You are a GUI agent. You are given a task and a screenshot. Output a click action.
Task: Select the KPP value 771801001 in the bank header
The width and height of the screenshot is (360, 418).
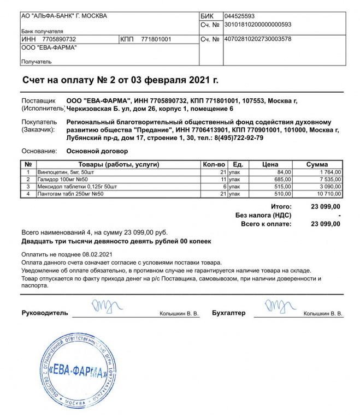(x=156, y=39)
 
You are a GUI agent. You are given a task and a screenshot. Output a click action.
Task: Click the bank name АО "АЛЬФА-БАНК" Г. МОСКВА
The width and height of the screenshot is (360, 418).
(x=63, y=16)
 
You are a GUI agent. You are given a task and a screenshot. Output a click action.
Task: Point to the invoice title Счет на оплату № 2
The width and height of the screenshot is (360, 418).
(x=120, y=80)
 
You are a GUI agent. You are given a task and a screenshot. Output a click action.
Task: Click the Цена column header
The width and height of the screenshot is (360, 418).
(x=270, y=164)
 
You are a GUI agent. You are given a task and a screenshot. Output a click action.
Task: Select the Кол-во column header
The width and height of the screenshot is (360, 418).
(x=214, y=164)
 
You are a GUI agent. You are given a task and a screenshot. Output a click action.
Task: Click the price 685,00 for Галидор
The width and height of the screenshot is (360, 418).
(x=282, y=179)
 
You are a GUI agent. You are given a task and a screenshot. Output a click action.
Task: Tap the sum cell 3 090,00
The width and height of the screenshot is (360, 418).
(x=329, y=186)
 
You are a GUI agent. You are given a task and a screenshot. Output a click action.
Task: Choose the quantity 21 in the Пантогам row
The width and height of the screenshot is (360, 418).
(x=222, y=194)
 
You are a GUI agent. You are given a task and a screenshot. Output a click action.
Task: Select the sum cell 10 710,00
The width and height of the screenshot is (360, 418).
(x=328, y=194)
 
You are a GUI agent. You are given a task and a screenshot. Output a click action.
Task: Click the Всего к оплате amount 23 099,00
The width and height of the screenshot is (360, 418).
(x=326, y=224)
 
